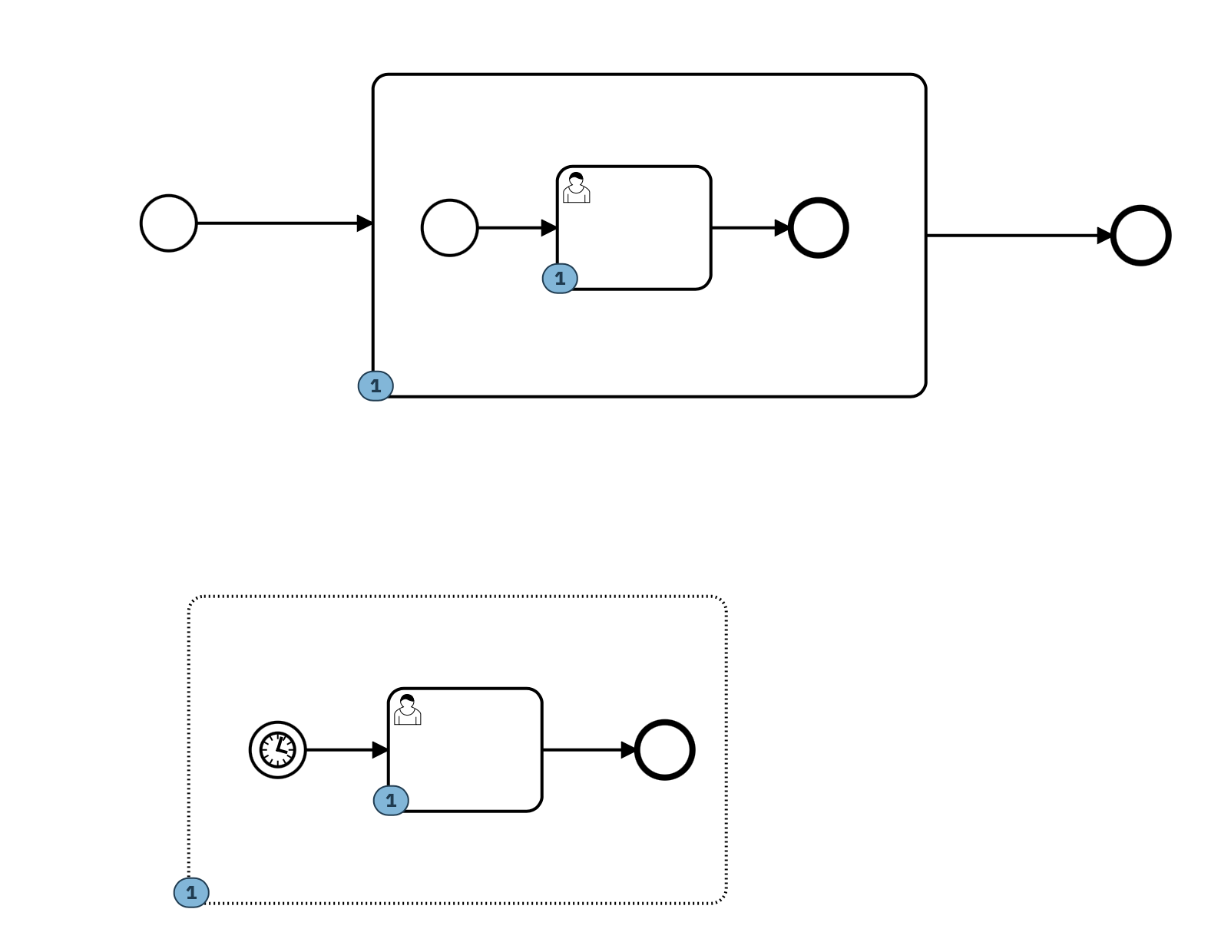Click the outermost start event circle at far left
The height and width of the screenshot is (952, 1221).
(x=169, y=223)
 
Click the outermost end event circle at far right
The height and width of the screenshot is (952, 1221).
(x=1141, y=236)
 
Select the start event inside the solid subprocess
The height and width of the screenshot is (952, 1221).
(x=450, y=228)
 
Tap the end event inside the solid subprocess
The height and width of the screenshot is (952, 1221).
(x=819, y=228)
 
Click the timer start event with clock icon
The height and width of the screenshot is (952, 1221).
(x=278, y=750)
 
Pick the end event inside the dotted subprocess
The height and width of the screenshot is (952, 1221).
(x=665, y=750)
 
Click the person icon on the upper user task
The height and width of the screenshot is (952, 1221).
(x=576, y=188)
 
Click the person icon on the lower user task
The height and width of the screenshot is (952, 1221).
(x=407, y=710)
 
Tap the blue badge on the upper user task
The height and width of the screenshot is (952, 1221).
(x=560, y=279)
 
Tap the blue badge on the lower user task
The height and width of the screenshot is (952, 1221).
(x=391, y=801)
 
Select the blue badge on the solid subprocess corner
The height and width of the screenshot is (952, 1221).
(x=376, y=386)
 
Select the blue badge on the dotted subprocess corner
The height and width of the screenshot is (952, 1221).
(x=191, y=893)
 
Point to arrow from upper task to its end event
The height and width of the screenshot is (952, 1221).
(x=749, y=228)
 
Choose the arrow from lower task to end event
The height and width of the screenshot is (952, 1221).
(x=587, y=750)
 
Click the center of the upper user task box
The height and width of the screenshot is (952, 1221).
(x=634, y=228)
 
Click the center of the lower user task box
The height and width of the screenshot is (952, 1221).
(x=465, y=750)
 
